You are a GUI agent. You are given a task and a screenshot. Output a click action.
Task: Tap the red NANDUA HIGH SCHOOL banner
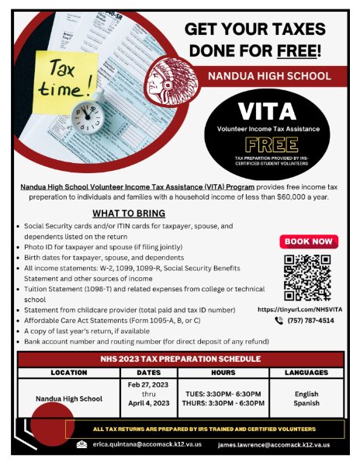[x=269, y=76]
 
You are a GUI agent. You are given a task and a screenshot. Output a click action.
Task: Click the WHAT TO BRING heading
[x=128, y=214]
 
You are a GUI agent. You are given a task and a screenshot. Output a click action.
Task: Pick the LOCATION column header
[x=68, y=373]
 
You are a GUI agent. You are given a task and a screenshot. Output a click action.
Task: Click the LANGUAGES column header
[x=306, y=373]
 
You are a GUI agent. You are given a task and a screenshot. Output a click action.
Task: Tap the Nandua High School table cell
[x=68, y=399]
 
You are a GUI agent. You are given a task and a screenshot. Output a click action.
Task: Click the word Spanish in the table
[x=306, y=404]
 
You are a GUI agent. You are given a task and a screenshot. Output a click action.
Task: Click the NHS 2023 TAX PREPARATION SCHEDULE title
[x=179, y=359]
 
